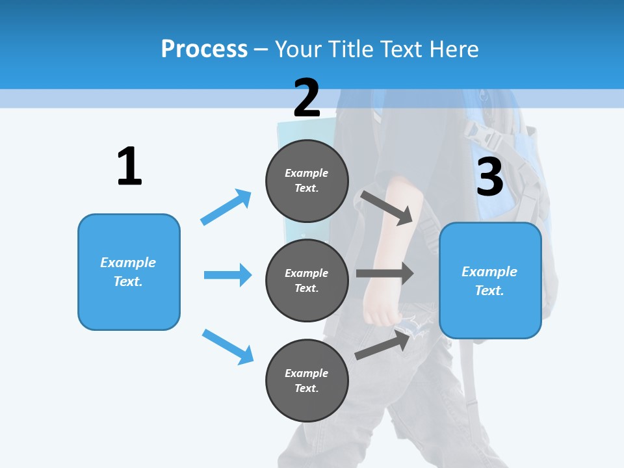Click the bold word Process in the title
[x=204, y=49]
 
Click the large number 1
[x=129, y=166]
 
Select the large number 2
[x=307, y=98]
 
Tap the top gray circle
[x=307, y=181]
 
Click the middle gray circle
[x=307, y=280]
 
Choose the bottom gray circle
[x=307, y=380]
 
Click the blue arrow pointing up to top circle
[x=226, y=207]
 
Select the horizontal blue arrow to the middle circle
[x=227, y=275]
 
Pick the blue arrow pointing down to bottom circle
[x=227, y=346]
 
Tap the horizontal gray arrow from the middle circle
[x=385, y=273]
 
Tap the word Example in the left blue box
[x=128, y=263]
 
